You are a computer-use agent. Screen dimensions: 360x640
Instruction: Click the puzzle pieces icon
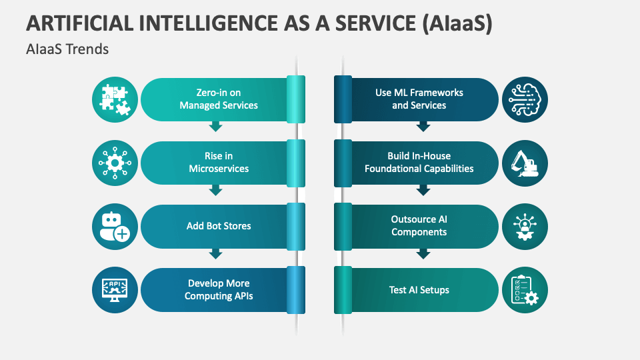(115, 99)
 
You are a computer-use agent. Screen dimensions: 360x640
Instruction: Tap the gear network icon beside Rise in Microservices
(115, 163)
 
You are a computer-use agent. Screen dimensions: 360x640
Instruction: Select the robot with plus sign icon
(115, 226)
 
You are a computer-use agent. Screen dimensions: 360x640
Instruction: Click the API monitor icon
(115, 290)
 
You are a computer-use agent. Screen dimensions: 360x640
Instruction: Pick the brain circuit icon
(525, 99)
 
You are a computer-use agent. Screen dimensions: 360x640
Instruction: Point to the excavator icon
(525, 163)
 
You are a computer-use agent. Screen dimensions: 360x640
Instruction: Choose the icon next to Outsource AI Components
(525, 226)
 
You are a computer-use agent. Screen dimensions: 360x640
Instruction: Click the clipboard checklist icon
(525, 290)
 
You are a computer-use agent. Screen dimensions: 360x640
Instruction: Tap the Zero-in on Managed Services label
(219, 99)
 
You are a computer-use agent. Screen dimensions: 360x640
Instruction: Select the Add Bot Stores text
(219, 226)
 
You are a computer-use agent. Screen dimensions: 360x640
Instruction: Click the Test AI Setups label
(419, 290)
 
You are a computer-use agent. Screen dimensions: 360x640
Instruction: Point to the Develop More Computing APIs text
(219, 290)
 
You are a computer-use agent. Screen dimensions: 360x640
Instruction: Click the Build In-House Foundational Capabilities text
(419, 163)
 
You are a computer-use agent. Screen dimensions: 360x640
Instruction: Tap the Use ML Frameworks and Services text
(419, 99)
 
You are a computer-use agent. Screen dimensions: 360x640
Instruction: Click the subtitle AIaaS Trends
(67, 50)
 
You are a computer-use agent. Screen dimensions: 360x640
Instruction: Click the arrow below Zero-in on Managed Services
(215, 127)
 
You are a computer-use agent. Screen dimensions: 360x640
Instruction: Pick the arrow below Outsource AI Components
(423, 254)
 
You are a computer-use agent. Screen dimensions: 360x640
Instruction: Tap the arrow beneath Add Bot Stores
(215, 253)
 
